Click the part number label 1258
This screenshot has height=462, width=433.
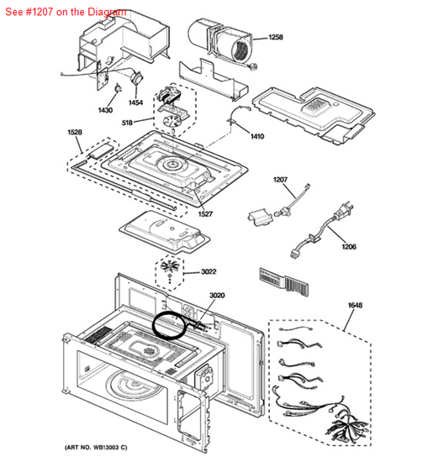pyautogui.click(x=276, y=37)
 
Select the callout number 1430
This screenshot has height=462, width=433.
pyautogui.click(x=105, y=110)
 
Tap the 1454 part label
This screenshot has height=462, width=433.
pyautogui.click(x=135, y=102)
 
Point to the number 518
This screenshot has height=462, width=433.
pyautogui.click(x=127, y=123)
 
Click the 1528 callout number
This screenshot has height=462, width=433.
pyautogui.click(x=75, y=132)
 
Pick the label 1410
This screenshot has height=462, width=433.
pyautogui.click(x=257, y=136)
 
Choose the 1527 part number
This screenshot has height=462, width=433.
pyautogui.click(x=205, y=214)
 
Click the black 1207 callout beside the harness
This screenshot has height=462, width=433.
pyautogui.click(x=280, y=180)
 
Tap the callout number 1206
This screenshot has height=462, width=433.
pyautogui.click(x=349, y=246)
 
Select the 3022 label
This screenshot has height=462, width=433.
pyautogui.click(x=209, y=271)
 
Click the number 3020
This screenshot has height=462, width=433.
pyautogui.click(x=217, y=295)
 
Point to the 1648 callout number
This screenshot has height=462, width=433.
pyautogui.click(x=355, y=305)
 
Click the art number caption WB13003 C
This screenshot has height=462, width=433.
pyautogui.click(x=96, y=448)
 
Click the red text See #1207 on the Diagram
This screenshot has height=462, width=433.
pyautogui.click(x=66, y=12)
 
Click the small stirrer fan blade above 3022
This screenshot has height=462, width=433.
pyautogui.click(x=170, y=266)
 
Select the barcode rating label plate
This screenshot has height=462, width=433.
pyautogui.click(x=283, y=282)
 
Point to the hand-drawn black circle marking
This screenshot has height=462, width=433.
pyautogui.click(x=152, y=325)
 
